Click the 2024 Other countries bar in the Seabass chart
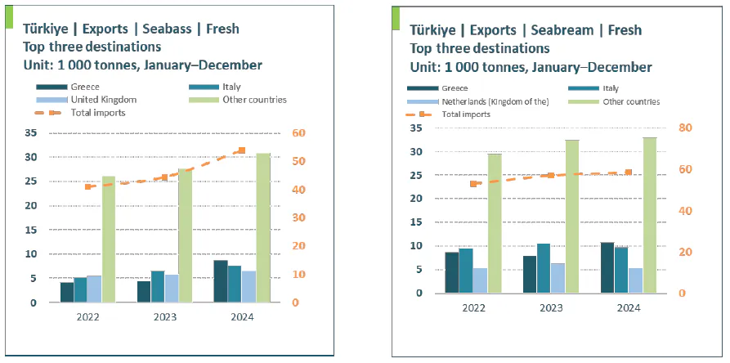(x=263, y=228)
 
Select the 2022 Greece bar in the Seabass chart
(x=67, y=292)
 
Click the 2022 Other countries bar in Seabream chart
(x=495, y=223)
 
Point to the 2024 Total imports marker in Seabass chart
(x=241, y=150)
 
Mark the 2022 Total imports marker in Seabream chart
(x=473, y=184)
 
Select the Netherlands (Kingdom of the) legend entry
(x=495, y=102)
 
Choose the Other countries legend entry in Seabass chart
(x=254, y=100)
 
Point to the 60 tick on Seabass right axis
(x=302, y=133)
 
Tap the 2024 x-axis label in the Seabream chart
(x=628, y=307)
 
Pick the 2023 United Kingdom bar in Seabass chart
(x=172, y=288)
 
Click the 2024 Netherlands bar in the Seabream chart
(x=635, y=280)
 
